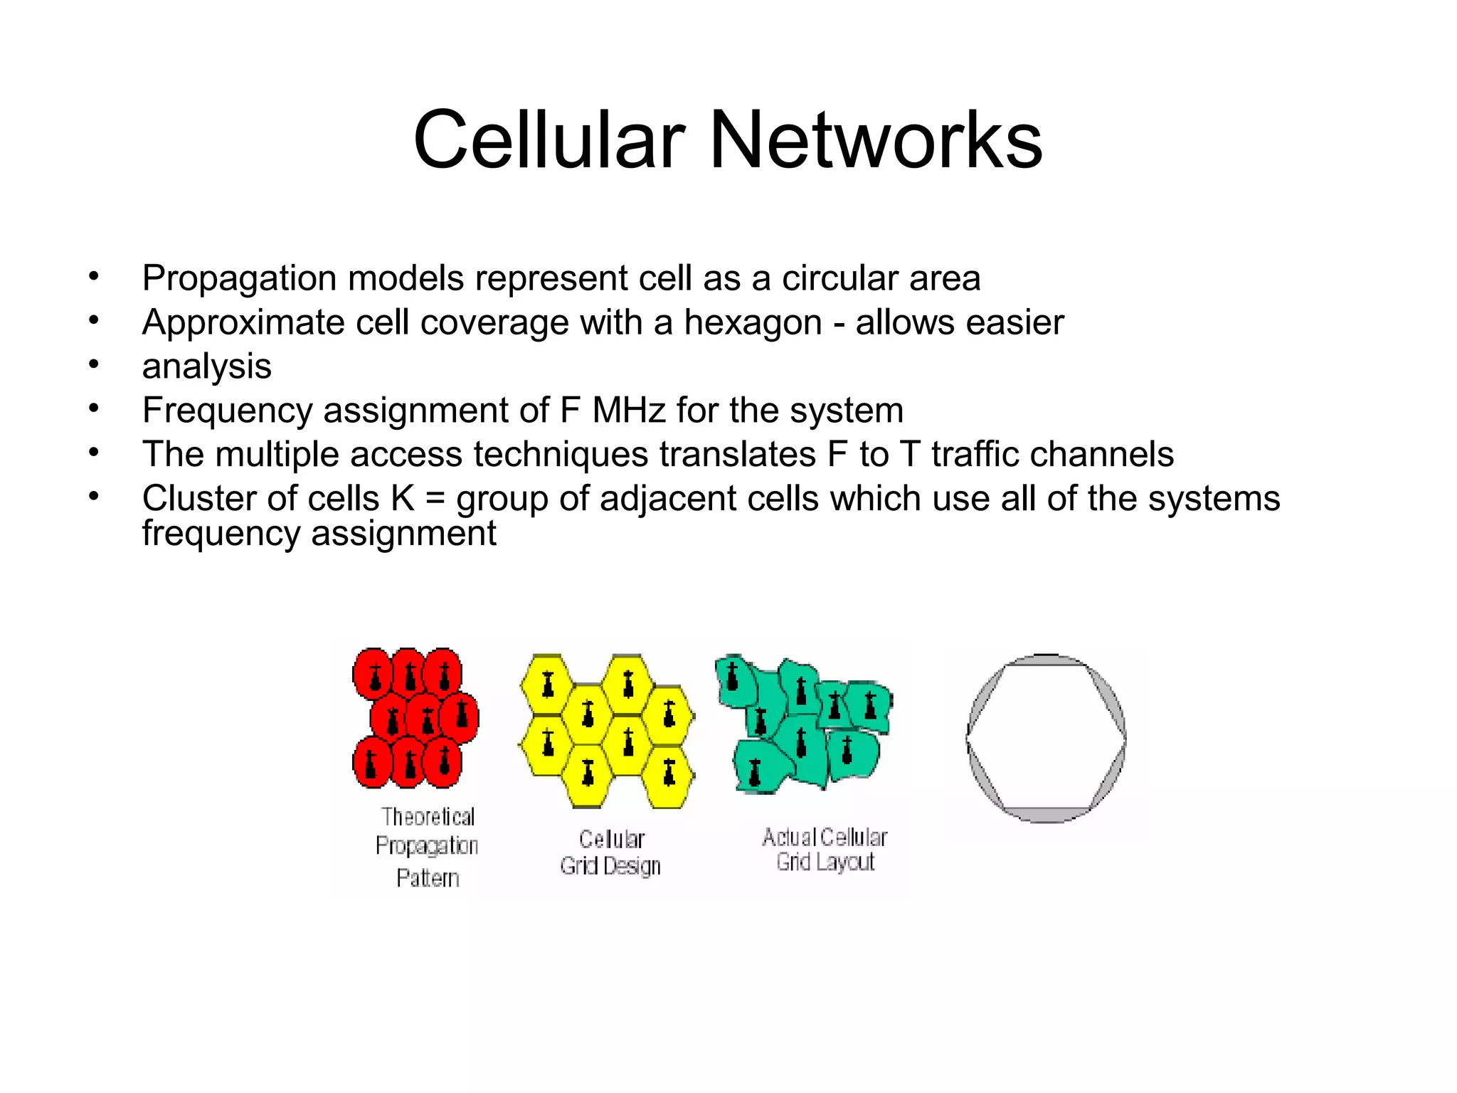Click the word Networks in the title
876,140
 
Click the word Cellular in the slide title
549,140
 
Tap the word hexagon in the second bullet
753,323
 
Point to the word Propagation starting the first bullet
239,279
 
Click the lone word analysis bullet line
206,367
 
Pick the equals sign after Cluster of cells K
435,499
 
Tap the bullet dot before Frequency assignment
93,408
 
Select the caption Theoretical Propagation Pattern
427,846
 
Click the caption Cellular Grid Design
610,852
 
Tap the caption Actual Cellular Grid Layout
825,850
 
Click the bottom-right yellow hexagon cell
668,776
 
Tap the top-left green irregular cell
735,680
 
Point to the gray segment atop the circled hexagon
1046,660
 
